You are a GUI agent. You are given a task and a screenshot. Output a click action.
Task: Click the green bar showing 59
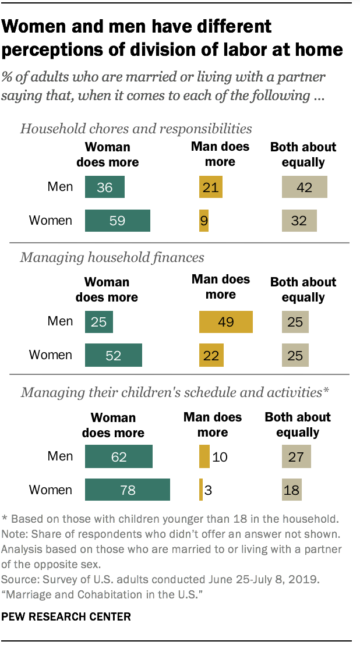pyautogui.click(x=118, y=221)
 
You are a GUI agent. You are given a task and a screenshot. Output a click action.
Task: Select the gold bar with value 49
pyautogui.click(x=225, y=321)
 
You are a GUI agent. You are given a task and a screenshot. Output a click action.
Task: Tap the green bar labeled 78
pyautogui.click(x=127, y=490)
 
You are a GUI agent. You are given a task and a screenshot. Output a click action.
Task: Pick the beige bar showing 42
pyautogui.click(x=304, y=187)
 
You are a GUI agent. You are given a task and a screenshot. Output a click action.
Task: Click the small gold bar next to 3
pyautogui.click(x=201, y=490)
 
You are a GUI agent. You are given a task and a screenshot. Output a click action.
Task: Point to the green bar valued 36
pyautogui.click(x=105, y=187)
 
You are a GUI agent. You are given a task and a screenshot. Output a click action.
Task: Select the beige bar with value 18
pyautogui.click(x=292, y=490)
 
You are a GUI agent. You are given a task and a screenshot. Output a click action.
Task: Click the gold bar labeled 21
pyautogui.click(x=210, y=187)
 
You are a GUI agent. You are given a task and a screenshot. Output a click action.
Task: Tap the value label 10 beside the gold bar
pyautogui.click(x=219, y=456)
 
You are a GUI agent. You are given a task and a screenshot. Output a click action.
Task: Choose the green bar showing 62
pyautogui.click(x=118, y=456)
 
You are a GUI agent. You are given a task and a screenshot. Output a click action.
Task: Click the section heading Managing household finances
pyautogui.click(x=112, y=257)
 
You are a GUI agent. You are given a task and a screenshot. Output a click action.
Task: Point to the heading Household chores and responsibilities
pyautogui.click(x=136, y=128)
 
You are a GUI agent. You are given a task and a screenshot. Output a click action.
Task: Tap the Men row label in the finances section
pyautogui.click(x=60, y=321)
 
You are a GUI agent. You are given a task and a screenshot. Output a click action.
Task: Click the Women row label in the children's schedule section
pyautogui.click(x=51, y=490)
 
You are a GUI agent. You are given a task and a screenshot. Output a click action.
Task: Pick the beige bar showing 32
pyautogui.click(x=299, y=221)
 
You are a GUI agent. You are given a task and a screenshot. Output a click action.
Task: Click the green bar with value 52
pyautogui.click(x=113, y=355)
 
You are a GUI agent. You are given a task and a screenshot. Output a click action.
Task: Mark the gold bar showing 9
pyautogui.click(x=203, y=221)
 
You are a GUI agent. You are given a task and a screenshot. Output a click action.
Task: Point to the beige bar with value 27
pyautogui.click(x=296, y=456)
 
